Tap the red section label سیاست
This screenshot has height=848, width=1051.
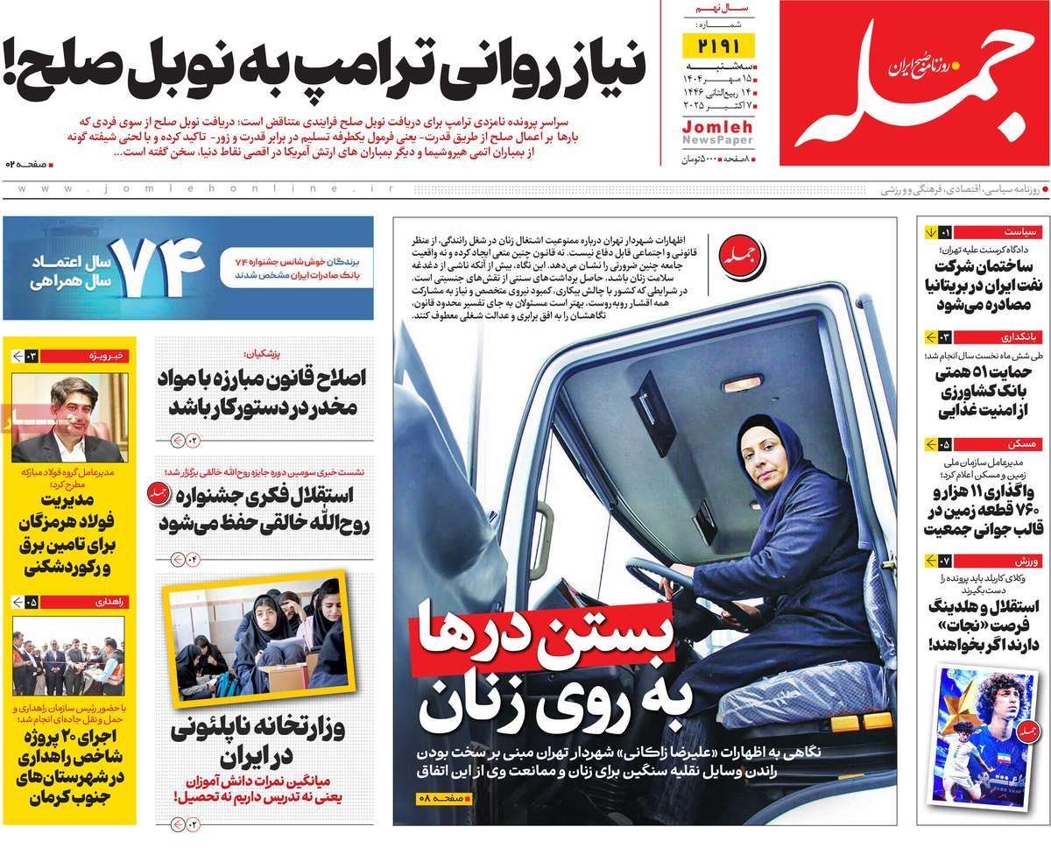tap(1019, 232)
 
